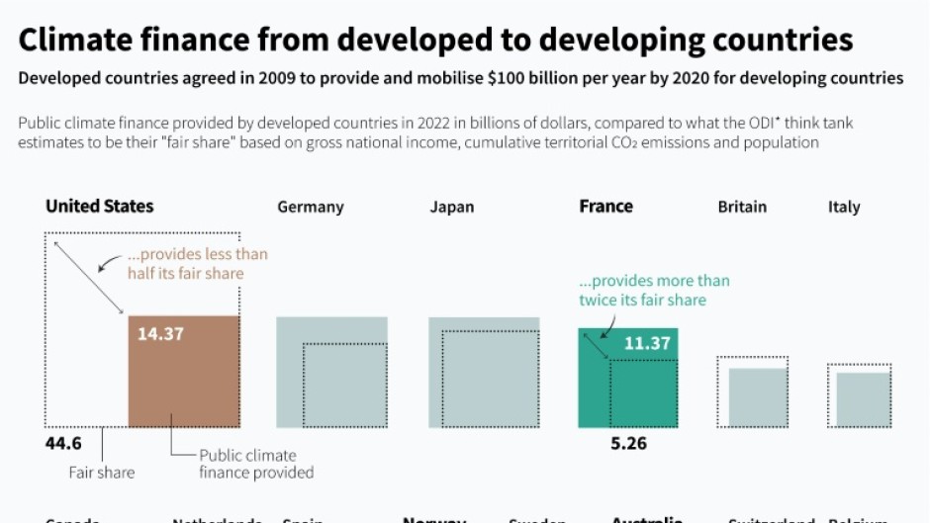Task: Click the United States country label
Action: (100, 207)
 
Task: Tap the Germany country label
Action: (311, 208)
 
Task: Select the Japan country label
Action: (452, 208)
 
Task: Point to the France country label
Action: (605, 207)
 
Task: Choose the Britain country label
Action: (742, 208)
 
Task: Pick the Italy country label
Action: (844, 208)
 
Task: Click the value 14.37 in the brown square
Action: (160, 334)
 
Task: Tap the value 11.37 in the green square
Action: (647, 344)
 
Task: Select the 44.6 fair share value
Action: (63, 443)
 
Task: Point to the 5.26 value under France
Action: (628, 443)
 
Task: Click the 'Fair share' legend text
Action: (101, 473)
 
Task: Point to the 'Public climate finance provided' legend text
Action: (256, 464)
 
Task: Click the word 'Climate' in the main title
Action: (80, 40)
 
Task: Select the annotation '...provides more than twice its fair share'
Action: (654, 290)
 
